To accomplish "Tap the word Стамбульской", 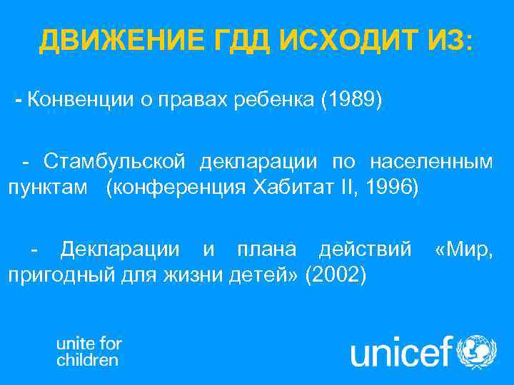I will click(x=116, y=162).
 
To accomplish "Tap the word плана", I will click(x=269, y=249).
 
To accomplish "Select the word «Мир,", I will click(x=464, y=249).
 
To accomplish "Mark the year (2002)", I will click(x=336, y=276).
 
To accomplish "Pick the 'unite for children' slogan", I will click(x=89, y=351).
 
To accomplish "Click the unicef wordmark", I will click(x=402, y=352).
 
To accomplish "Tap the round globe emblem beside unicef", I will click(x=477, y=352).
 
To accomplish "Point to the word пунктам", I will click(x=49, y=189).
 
